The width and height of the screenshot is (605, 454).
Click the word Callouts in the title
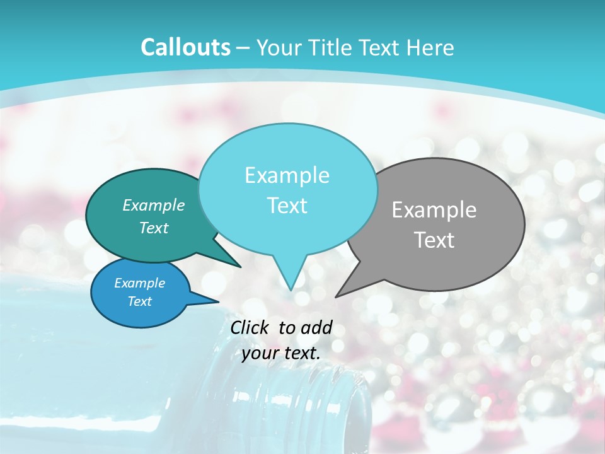click(x=185, y=47)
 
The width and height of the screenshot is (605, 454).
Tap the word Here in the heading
click(x=430, y=47)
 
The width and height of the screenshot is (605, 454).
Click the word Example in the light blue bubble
click(x=287, y=175)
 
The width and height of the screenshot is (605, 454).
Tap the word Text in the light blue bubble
click(x=287, y=206)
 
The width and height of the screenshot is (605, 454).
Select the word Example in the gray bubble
click(x=434, y=210)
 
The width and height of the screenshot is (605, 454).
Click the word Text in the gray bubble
click(x=434, y=240)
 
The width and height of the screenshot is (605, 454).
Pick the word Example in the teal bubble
click(x=154, y=205)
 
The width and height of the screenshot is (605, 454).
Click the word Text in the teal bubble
click(x=154, y=228)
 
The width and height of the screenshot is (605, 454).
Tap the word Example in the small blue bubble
click(x=139, y=283)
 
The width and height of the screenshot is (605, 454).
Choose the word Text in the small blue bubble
click(x=139, y=301)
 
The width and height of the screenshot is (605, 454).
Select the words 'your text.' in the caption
click(x=281, y=353)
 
